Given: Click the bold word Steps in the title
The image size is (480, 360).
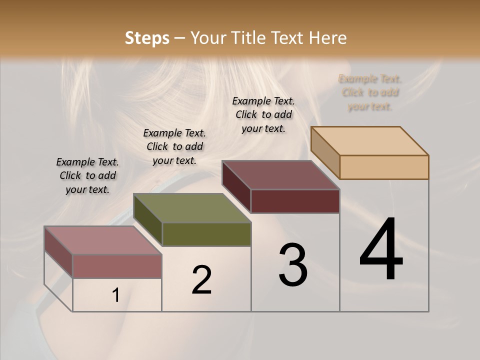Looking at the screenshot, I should [147, 38].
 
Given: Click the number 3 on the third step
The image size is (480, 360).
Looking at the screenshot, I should [293, 265].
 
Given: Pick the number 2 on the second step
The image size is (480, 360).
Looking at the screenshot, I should [201, 280].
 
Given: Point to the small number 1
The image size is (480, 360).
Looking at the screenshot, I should [116, 295].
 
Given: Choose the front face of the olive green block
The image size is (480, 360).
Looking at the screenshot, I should [207, 234].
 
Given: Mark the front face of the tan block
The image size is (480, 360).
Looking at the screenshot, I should [384, 167].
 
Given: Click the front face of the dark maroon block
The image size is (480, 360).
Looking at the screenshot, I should [295, 201].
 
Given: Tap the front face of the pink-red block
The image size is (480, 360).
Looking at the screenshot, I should [117, 266].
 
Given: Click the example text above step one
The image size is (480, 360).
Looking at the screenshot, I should [87, 175].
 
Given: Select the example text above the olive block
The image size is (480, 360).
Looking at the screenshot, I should [174, 146].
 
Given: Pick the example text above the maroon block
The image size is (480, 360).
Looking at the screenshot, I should [263, 114].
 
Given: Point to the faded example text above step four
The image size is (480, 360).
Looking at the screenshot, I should [370, 92].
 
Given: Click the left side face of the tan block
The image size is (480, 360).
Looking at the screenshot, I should [325, 152].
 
